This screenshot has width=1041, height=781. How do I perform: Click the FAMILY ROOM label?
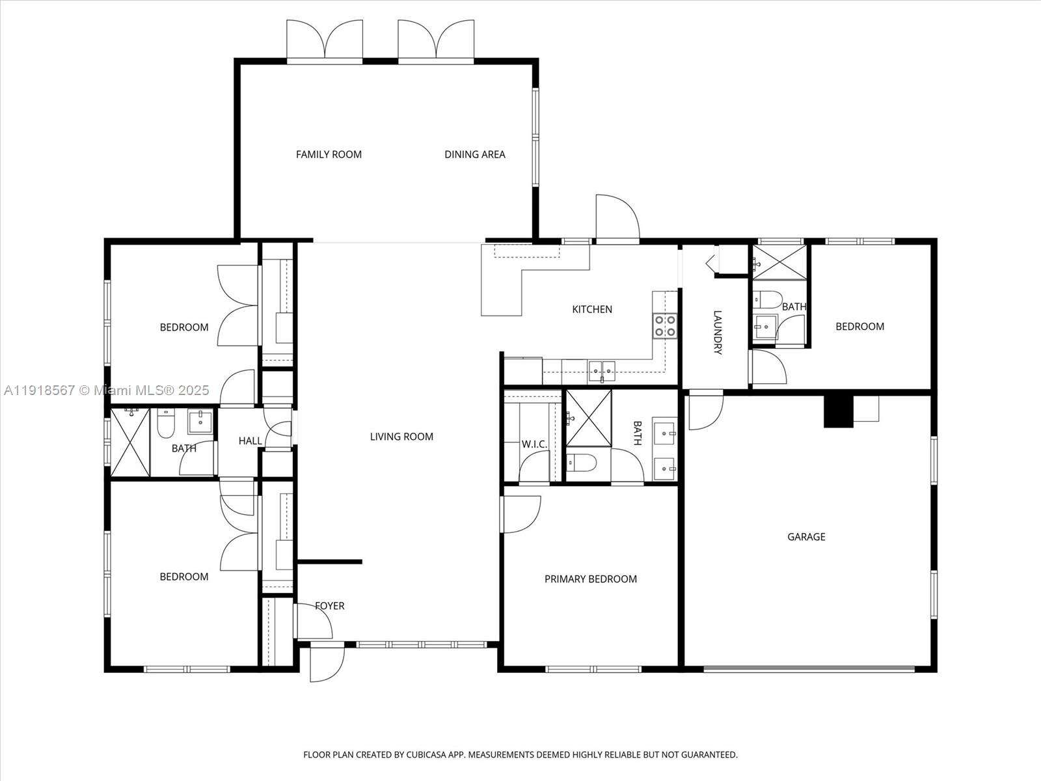coord(329,154)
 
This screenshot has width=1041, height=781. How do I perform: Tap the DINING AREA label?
coord(474,154)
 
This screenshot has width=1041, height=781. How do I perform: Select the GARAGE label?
coord(806,537)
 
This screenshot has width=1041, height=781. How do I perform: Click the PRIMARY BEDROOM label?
coord(590,579)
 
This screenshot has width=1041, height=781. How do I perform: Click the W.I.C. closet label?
coord(534,445)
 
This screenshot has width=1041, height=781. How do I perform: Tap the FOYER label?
coord(329,606)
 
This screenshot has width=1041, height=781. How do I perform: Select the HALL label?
coord(250,441)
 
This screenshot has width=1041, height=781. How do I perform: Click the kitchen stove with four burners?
coord(664,325)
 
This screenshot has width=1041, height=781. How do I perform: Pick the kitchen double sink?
coord(602,370)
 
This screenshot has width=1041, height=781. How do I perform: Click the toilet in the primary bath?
coord(581,463)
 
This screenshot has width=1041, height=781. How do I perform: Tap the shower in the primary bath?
coord(589,418)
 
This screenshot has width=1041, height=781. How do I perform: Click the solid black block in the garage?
coord(838,411)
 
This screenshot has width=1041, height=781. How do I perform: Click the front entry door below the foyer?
coord(326,663)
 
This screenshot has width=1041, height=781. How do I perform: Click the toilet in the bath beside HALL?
coord(165,424)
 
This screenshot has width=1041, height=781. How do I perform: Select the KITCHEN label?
coord(591,309)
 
